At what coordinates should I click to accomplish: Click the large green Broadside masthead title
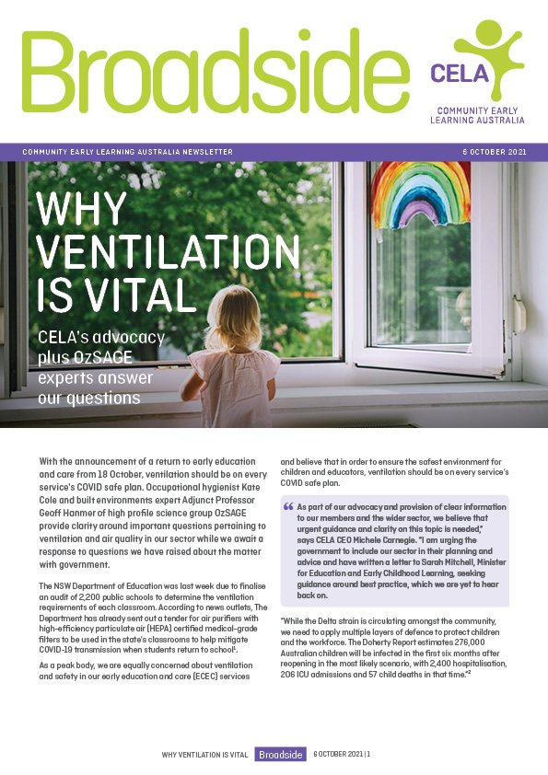pos(207,72)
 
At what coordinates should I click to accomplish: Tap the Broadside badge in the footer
pos(280,754)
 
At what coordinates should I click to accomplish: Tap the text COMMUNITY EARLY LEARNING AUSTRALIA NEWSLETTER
pos(127,152)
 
